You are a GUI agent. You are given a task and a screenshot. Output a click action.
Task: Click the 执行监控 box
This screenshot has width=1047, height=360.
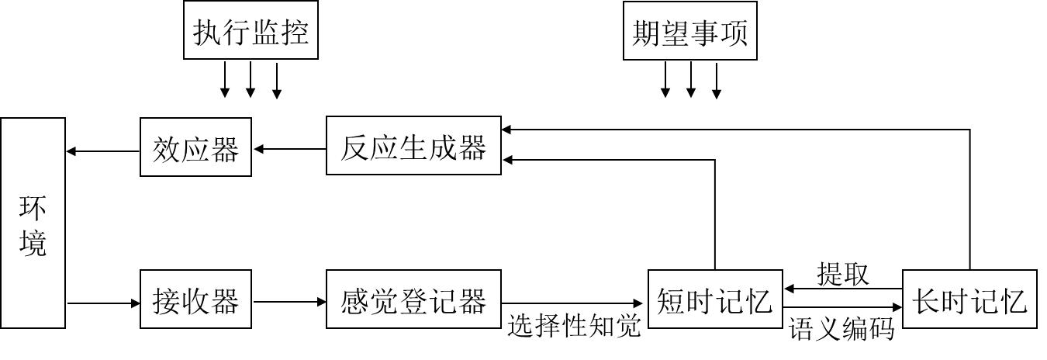251,33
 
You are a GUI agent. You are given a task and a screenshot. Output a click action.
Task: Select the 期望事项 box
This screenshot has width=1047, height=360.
689,33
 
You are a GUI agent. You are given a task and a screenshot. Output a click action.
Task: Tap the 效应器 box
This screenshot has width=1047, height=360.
195,147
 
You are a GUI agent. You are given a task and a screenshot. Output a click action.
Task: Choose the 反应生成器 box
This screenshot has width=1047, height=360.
413,146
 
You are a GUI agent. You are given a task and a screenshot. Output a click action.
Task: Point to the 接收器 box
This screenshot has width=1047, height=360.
195,299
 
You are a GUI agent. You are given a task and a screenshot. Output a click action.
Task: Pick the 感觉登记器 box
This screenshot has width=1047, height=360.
413,299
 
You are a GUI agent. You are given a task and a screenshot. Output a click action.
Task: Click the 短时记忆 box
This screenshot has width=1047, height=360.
714,299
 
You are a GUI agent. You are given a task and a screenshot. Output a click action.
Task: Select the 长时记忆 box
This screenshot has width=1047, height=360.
969,299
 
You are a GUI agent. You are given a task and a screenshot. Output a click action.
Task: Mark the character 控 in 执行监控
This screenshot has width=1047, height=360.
295,33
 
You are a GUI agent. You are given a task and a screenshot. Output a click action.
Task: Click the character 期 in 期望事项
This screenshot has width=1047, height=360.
646,33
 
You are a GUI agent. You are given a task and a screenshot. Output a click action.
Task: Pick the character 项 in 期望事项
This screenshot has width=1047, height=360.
734,33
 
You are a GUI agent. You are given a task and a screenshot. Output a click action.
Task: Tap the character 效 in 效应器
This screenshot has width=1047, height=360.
167,147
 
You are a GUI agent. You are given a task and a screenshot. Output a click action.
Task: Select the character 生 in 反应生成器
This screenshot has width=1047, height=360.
413,146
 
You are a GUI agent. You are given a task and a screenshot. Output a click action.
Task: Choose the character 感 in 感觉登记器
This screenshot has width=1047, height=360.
355,299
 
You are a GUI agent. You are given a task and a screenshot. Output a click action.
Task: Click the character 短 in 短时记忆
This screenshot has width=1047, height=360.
671,299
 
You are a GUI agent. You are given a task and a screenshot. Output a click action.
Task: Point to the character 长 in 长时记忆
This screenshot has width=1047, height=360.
926,299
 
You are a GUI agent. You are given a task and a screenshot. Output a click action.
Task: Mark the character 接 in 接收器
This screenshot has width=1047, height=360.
167,299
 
